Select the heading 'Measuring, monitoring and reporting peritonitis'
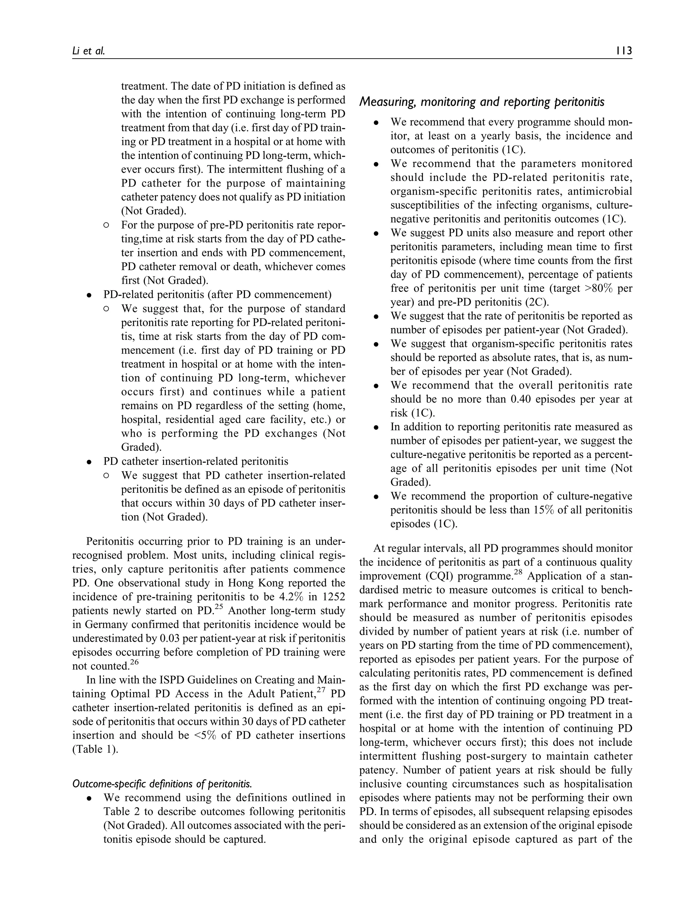point(482,102)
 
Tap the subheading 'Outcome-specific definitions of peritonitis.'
point(162,784)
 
